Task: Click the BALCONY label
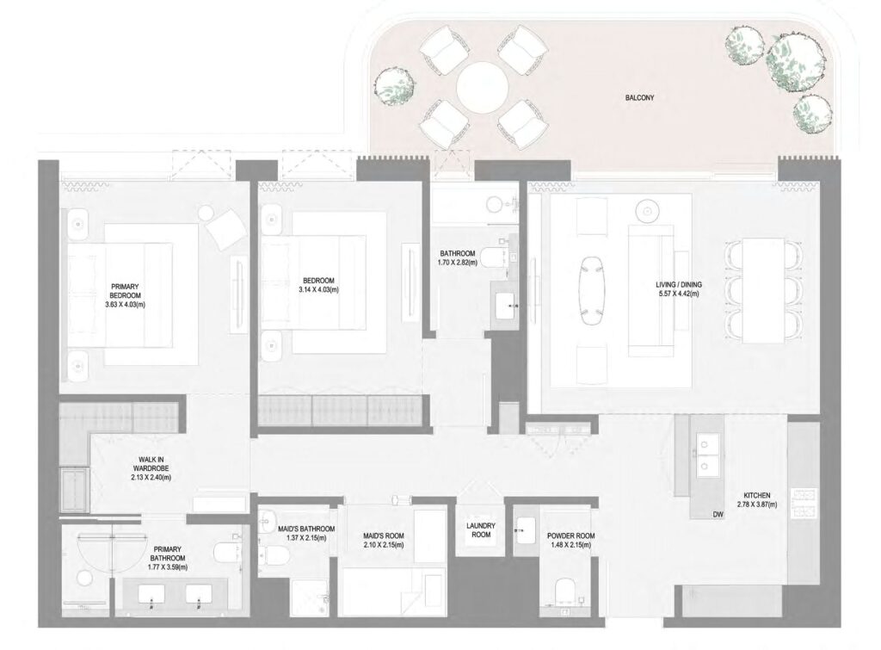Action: click(x=640, y=98)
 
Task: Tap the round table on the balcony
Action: click(x=482, y=87)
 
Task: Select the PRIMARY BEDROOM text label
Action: click(x=131, y=291)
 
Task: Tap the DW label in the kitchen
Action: click(x=718, y=515)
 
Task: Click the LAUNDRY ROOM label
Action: click(x=477, y=529)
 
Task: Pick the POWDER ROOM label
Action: click(x=570, y=535)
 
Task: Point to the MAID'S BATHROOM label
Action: click(x=307, y=529)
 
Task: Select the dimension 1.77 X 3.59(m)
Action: click(x=169, y=566)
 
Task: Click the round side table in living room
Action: click(x=647, y=209)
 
